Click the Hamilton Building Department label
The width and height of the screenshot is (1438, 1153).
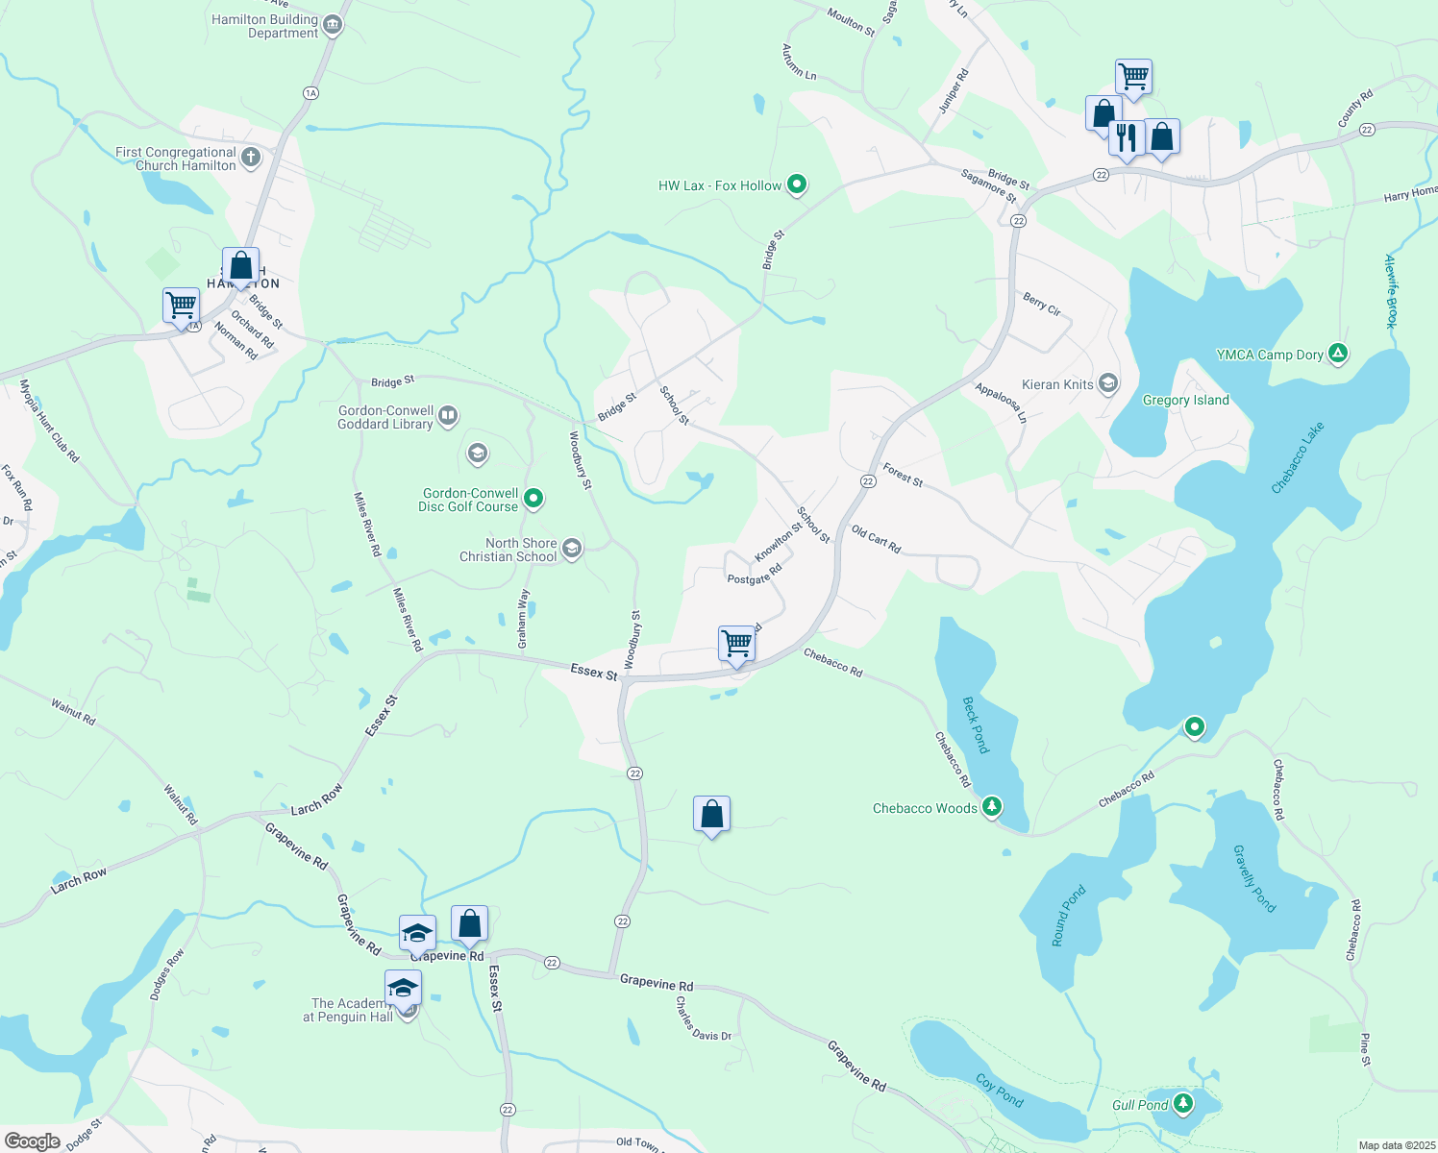264,26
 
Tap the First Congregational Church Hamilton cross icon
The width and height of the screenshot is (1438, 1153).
251,158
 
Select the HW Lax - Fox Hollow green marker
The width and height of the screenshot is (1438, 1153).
797,184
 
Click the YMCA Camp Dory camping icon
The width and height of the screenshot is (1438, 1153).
1337,354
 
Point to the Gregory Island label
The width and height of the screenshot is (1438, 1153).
1185,400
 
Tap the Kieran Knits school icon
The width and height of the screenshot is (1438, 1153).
1107,384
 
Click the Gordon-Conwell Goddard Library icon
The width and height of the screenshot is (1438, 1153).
448,416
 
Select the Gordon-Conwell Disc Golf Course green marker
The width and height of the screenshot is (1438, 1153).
533,499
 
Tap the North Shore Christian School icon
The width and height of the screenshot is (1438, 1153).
572,549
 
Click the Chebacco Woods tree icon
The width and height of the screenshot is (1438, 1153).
992,807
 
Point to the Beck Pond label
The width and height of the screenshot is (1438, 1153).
976,724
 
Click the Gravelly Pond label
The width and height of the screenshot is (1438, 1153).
1254,878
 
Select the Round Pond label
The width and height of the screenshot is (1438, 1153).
1068,916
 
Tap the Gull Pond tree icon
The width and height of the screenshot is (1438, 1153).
1183,1103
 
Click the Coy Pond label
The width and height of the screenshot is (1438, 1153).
1000,1090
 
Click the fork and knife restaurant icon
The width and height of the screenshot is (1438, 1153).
1126,138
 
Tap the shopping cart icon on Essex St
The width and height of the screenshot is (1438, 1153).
736,643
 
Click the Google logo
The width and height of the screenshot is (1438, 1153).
33,1141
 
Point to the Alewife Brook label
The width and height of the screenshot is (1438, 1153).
1390,291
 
